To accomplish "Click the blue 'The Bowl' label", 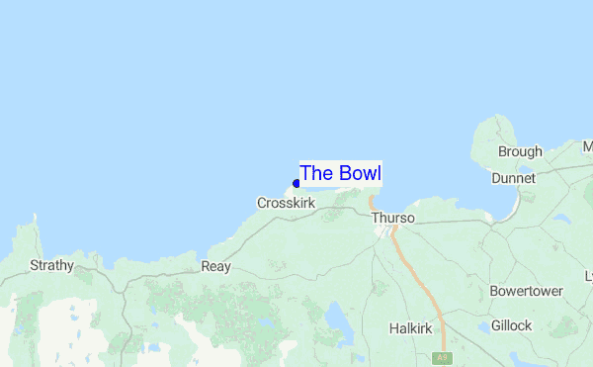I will [341, 173].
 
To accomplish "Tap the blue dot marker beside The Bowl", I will [296, 184].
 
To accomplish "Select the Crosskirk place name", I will [286, 203].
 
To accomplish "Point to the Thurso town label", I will [392, 218].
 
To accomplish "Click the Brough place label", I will [520, 151].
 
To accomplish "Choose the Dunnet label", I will [512, 178].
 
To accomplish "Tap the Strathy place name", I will [51, 265].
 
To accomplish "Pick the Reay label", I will [215, 266].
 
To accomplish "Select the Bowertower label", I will [526, 292].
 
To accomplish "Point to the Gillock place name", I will [511, 325].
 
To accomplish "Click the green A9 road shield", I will [442, 357].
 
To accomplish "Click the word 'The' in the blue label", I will [316, 173].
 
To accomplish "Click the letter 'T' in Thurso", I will [376, 218].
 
